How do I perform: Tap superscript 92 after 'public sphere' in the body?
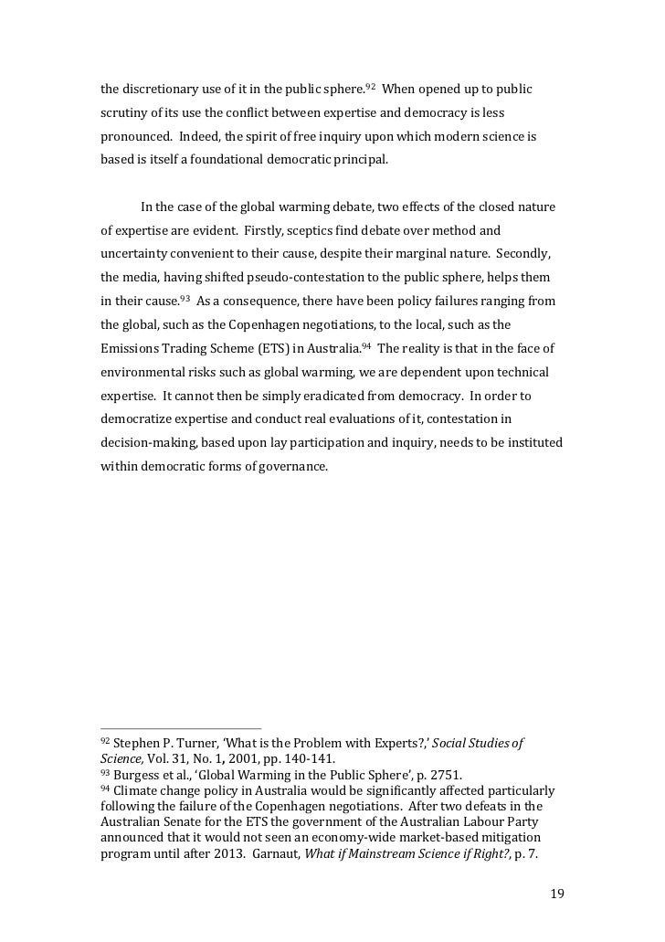pyautogui.click(x=370, y=88)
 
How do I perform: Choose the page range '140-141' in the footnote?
pyautogui.click(x=305, y=759)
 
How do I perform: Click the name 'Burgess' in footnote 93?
pyautogui.click(x=141, y=774)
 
